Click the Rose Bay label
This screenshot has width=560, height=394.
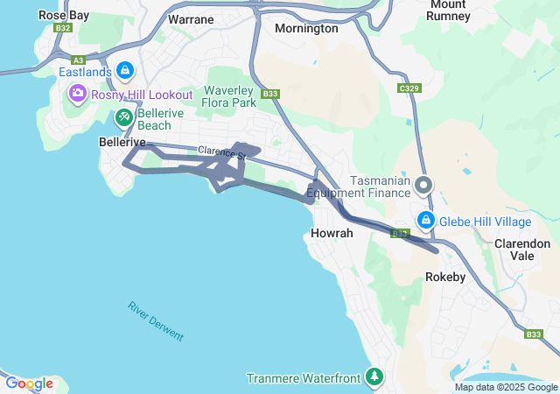[64, 15]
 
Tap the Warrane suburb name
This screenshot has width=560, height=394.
[191, 18]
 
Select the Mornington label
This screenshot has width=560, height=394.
[306, 28]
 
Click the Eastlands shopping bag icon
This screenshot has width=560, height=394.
[125, 70]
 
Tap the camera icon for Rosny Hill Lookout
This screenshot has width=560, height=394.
[78, 93]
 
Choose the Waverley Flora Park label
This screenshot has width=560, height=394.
[230, 96]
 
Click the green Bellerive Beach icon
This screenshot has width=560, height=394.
[124, 115]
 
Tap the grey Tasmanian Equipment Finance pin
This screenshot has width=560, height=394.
[424, 185]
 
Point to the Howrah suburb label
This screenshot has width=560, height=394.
[332, 234]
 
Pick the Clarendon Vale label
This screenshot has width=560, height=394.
[522, 250]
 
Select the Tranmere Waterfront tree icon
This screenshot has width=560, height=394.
[374, 377]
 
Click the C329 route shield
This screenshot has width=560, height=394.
[409, 89]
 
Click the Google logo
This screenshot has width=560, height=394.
[29, 383]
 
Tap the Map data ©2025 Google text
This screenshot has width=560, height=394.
[505, 387]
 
